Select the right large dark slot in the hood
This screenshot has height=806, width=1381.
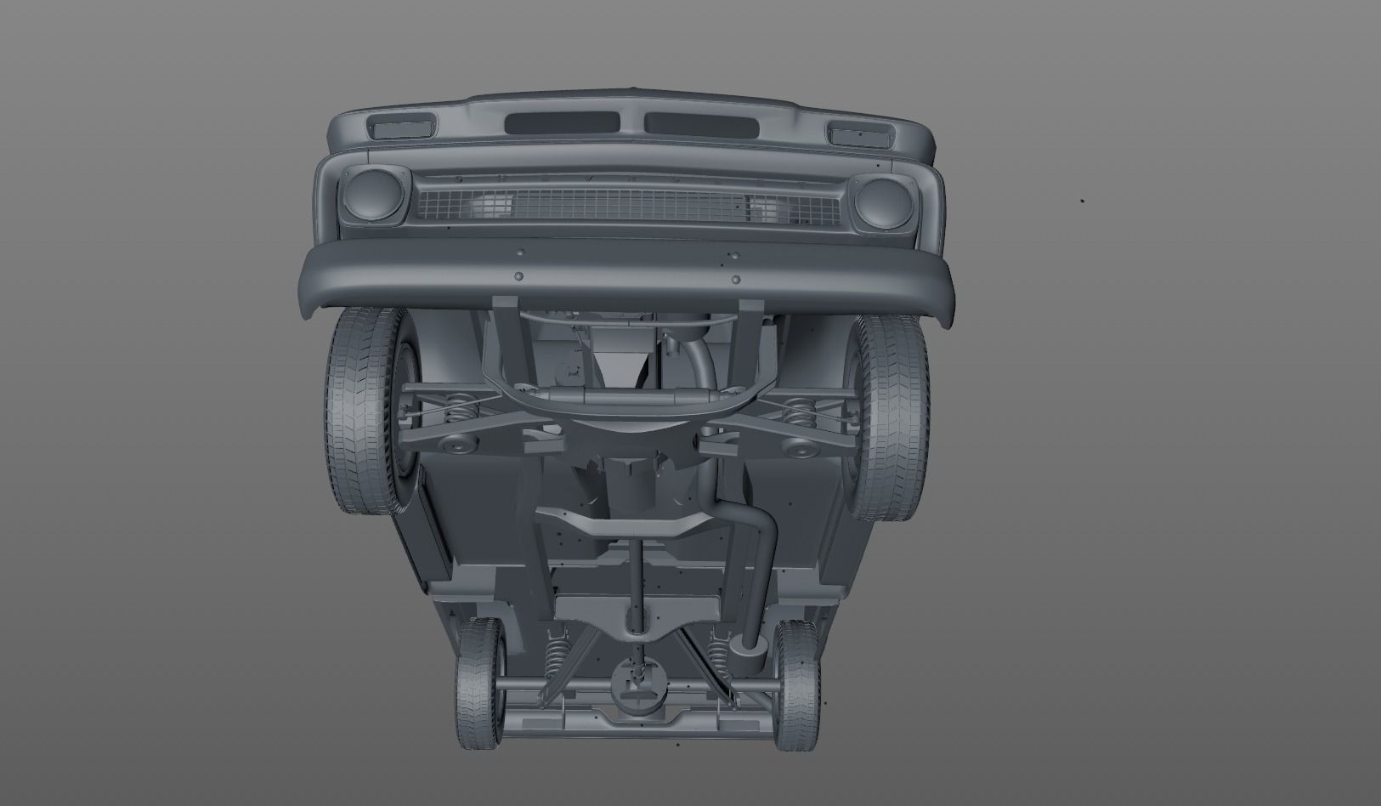[701, 124]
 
